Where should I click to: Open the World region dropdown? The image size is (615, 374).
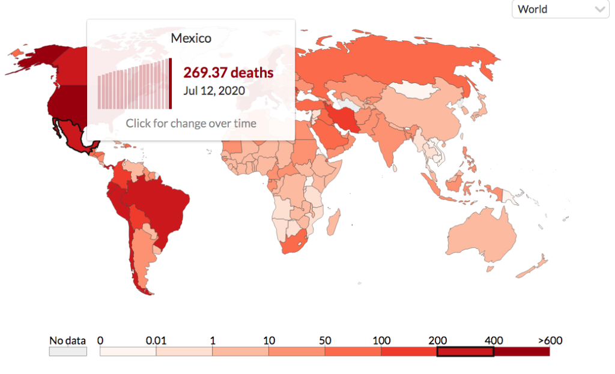[x=559, y=9]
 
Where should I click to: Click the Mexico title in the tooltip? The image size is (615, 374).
[x=191, y=38]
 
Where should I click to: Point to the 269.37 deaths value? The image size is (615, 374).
[x=228, y=73]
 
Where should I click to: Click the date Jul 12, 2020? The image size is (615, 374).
[x=214, y=91]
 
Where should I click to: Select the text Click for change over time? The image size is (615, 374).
[x=191, y=123]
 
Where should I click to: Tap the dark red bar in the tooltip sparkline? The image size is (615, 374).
[x=170, y=84]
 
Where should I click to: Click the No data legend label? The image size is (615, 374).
[x=67, y=340]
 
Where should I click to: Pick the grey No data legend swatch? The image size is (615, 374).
[x=68, y=351]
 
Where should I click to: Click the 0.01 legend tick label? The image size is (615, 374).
[x=156, y=340]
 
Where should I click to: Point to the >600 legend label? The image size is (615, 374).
[x=550, y=340]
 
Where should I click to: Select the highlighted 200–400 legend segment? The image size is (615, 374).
[x=465, y=351]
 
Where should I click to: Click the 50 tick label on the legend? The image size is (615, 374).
[x=325, y=340]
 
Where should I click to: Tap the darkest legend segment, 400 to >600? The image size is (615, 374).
[x=521, y=351]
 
